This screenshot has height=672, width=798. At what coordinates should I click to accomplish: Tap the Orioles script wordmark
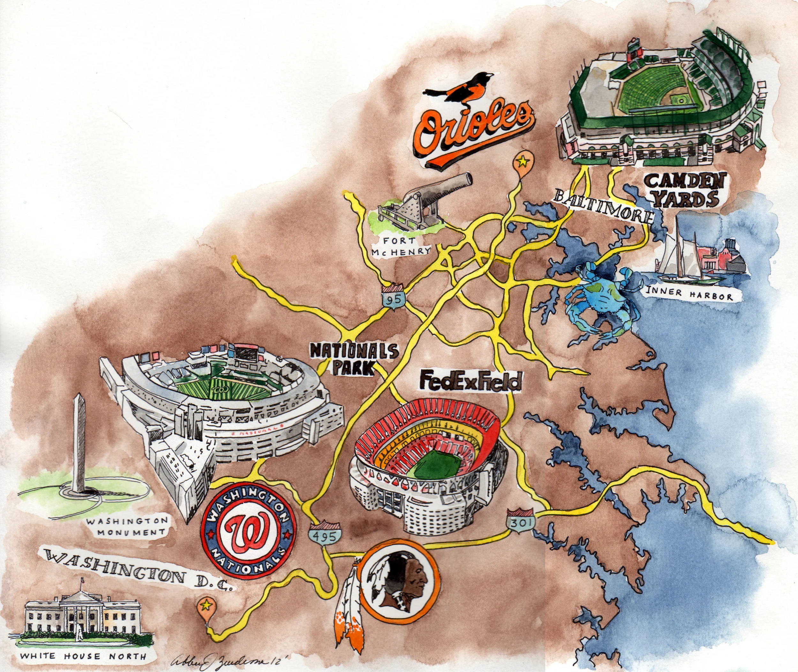pos(472,131)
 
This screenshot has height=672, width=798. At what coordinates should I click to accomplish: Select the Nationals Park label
pos(354,358)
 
